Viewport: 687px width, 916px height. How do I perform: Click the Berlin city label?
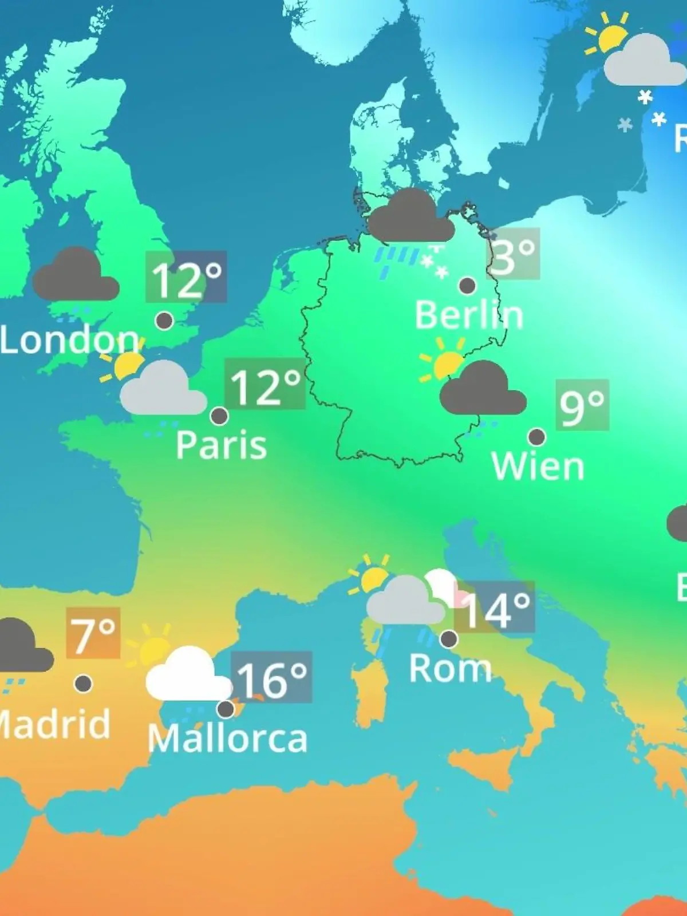[x=469, y=315]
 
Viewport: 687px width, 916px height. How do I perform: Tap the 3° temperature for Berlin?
[x=513, y=254]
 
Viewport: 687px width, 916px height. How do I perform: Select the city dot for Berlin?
[x=467, y=285]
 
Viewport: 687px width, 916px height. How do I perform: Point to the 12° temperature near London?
[x=186, y=277]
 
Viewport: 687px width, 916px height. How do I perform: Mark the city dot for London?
[x=164, y=321]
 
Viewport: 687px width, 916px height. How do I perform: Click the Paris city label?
[x=221, y=444]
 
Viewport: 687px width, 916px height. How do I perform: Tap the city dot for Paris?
[x=219, y=416]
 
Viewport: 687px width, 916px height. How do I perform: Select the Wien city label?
[x=538, y=466]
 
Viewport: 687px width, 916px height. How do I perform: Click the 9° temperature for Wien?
[x=582, y=405]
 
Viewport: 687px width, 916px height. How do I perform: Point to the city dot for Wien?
[x=536, y=437]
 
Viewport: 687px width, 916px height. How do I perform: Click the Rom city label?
[x=451, y=668]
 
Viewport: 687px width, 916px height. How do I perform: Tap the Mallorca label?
[x=228, y=739]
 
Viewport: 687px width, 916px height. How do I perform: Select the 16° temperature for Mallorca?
[x=271, y=678]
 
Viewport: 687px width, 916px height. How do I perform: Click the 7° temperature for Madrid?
[x=93, y=634]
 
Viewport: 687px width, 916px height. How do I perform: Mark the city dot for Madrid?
[x=84, y=683]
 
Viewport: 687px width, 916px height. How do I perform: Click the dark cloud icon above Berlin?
[x=410, y=217]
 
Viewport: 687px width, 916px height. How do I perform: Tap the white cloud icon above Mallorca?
[x=187, y=676]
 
